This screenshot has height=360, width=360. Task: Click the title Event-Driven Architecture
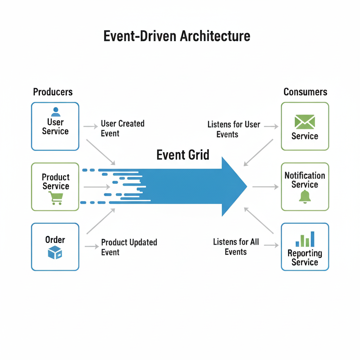point(176,36)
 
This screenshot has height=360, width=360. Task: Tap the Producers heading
point(53,92)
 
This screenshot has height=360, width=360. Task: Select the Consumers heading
point(305,92)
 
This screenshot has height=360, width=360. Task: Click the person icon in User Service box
point(55,112)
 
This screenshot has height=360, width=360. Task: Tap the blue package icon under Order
point(55,253)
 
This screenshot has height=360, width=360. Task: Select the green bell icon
point(305,197)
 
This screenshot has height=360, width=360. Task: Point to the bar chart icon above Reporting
point(305,239)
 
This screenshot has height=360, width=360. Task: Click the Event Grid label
point(183,155)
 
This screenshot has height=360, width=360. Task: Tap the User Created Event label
point(122,128)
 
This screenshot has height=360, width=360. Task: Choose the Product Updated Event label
point(129,247)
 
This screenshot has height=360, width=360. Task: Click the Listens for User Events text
point(233,129)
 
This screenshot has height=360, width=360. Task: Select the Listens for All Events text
point(236,247)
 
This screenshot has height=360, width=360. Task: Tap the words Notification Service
point(305,180)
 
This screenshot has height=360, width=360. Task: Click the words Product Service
point(56,181)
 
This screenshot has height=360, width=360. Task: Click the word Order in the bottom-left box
point(55,240)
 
